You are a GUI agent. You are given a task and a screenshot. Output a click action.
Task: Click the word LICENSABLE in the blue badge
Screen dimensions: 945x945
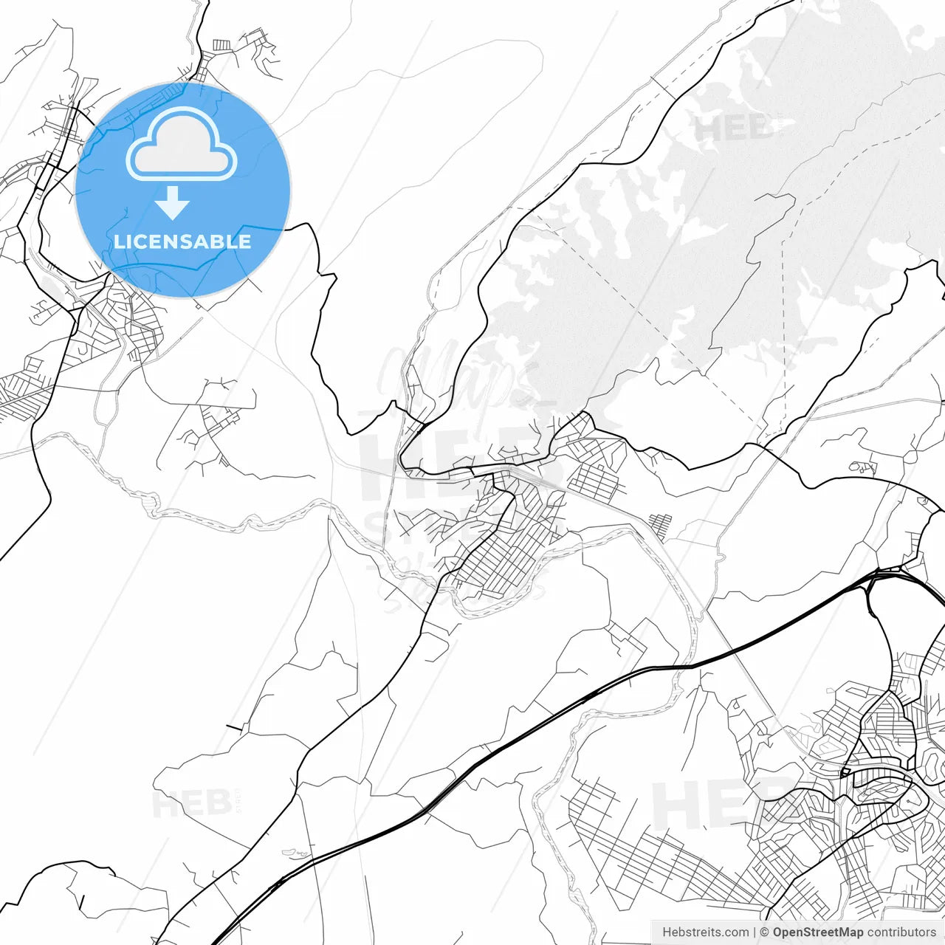tap(182, 241)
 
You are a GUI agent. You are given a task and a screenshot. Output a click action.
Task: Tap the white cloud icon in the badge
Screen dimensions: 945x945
tap(182, 144)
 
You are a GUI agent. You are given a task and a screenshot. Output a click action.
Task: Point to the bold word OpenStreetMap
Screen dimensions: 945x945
tap(817, 932)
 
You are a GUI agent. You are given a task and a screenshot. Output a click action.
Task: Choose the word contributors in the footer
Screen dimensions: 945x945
tap(901, 932)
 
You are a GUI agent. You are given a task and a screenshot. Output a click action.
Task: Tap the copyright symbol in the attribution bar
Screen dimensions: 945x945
tap(766, 932)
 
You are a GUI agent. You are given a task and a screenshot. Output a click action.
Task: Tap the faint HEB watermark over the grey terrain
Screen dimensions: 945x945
tap(731, 129)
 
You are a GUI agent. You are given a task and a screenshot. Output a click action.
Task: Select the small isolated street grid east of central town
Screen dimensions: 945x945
tap(661, 525)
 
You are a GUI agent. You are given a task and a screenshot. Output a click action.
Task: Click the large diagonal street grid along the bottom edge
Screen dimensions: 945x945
tap(650, 849)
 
